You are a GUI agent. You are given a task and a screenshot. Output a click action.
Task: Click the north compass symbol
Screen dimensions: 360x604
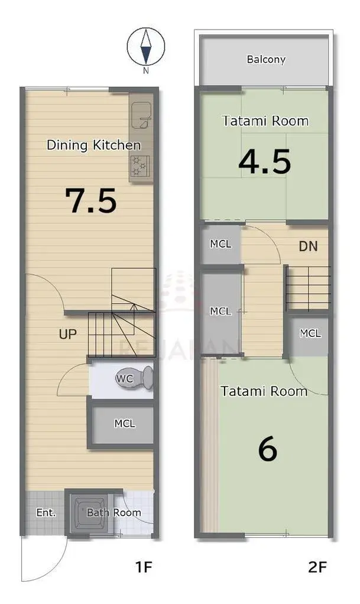(x=145, y=47)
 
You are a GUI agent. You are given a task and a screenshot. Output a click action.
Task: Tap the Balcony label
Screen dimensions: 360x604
(x=266, y=59)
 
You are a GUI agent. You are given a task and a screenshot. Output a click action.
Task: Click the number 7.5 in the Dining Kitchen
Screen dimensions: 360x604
(x=90, y=201)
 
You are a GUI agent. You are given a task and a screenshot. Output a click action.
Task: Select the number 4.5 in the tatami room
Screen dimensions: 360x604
(x=265, y=161)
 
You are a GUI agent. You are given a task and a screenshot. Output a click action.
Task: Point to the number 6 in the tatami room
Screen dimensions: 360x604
(x=268, y=449)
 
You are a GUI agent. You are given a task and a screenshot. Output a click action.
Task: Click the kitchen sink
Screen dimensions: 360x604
(x=141, y=116)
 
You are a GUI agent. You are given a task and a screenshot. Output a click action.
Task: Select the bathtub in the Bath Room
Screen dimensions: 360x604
(x=90, y=512)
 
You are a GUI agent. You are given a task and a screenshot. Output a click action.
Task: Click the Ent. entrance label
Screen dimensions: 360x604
(x=46, y=513)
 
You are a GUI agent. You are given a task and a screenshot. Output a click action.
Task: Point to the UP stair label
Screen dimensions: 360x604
(x=68, y=334)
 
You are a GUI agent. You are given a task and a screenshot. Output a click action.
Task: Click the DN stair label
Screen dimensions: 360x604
(x=309, y=246)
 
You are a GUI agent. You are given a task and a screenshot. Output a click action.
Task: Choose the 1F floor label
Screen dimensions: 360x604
(x=144, y=567)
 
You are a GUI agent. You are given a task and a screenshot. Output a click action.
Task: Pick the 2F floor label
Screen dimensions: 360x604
(x=317, y=567)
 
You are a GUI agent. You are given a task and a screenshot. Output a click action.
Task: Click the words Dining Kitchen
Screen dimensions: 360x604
(x=93, y=145)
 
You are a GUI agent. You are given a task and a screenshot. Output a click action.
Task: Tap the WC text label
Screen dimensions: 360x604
(x=125, y=379)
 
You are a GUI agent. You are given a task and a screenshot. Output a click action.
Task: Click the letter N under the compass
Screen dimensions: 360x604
(x=145, y=70)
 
